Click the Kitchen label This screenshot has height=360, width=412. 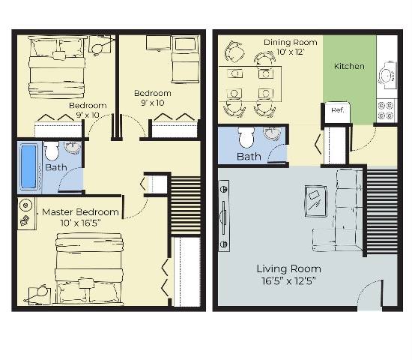tap(349, 66)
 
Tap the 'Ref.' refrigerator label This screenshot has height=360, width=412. tap(337, 110)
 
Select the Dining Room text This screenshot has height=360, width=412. tap(291, 42)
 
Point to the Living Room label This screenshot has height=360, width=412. tap(288, 268)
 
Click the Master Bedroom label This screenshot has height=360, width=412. tap(80, 212)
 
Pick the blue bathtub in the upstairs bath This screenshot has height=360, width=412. tap(28, 166)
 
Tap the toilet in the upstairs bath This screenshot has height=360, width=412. tap(51, 151)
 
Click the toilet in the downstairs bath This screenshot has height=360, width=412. tap(246, 138)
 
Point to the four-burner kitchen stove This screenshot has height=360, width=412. tap(386, 111)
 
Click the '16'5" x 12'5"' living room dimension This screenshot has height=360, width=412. tap(288, 282)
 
